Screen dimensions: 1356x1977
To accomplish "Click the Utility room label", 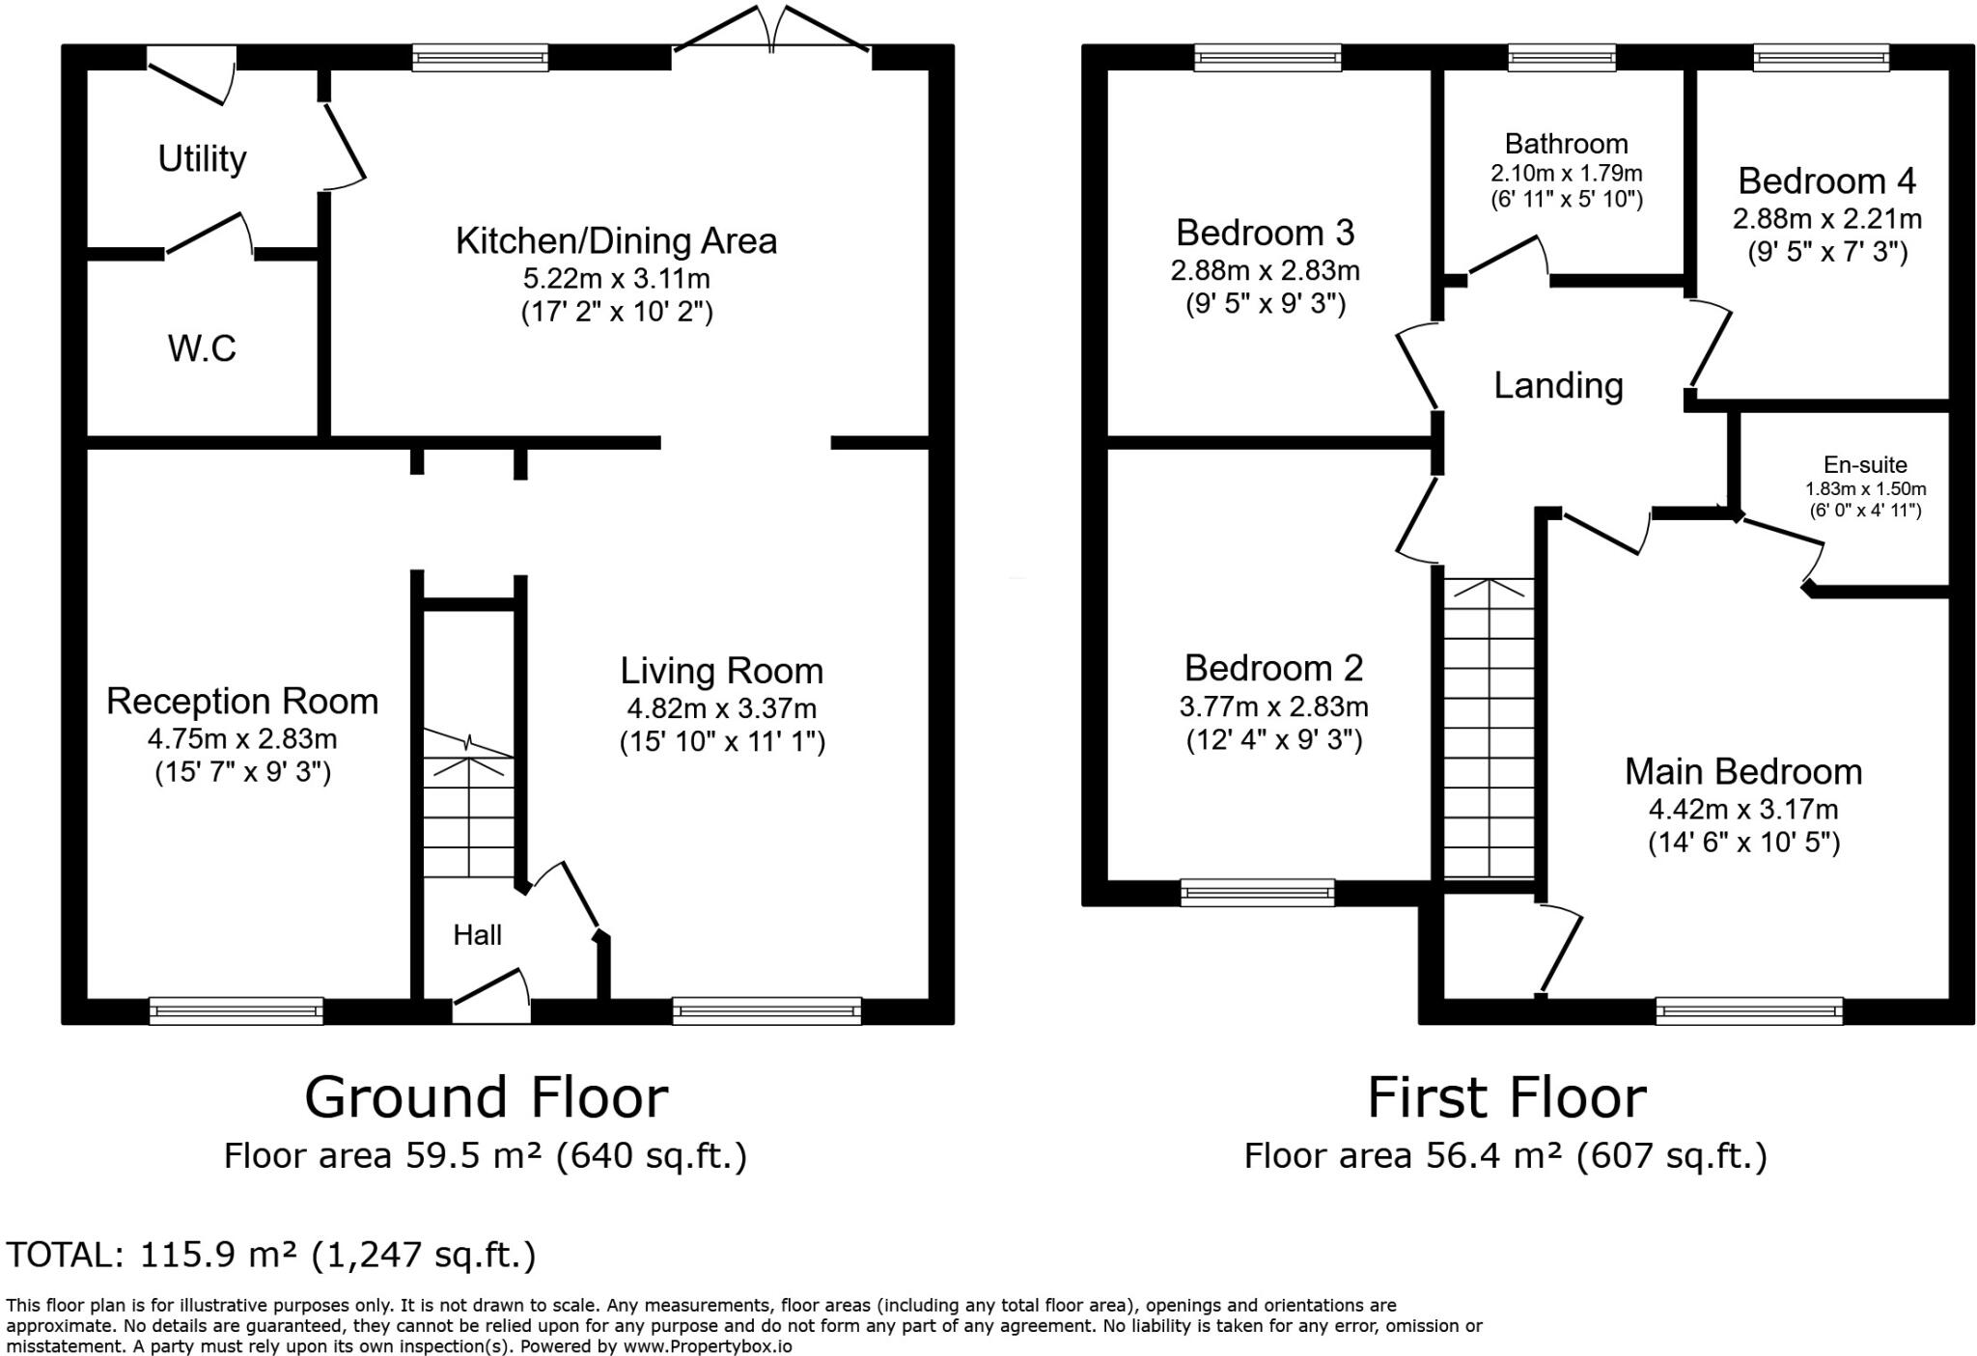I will (202, 158).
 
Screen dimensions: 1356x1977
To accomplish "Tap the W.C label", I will (202, 348).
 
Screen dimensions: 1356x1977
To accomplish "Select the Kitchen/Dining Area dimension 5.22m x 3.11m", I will (616, 280).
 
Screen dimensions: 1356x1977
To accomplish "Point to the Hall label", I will (477, 935).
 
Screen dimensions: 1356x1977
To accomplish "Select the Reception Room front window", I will (236, 1010).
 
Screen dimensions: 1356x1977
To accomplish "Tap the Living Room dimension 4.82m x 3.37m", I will (721, 709).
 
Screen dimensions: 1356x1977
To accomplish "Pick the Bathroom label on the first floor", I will (1566, 144).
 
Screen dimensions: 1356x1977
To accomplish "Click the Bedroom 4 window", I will (1821, 59).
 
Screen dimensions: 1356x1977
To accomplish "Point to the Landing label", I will (1558, 385).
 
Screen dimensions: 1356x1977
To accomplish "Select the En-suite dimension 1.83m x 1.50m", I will (1865, 489).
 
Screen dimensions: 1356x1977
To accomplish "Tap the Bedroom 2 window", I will (1257, 892).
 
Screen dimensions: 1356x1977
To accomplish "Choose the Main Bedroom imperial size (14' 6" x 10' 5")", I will (1743, 843).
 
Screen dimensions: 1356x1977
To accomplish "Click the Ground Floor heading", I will (486, 1097).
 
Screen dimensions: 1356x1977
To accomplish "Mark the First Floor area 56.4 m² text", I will (1505, 1155).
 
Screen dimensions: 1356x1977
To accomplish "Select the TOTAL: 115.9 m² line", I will (270, 1255).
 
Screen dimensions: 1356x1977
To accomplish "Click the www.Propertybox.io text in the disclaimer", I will (707, 1346).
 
